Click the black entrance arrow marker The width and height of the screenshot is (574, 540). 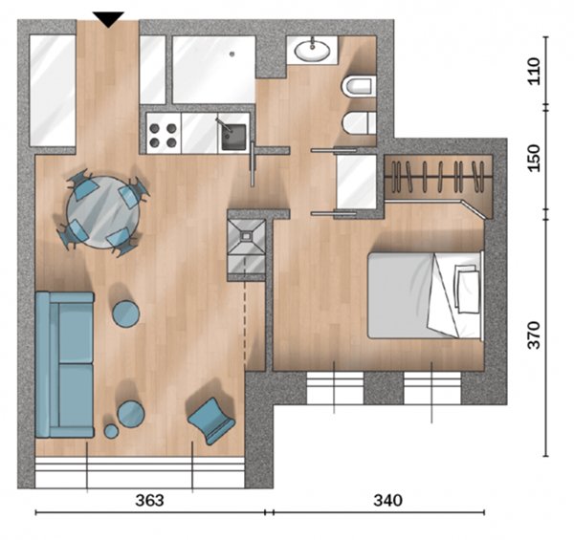108,19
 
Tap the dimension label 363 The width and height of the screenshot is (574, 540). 149,500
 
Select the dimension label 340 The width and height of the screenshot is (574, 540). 387,500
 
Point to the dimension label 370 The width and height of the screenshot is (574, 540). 534,335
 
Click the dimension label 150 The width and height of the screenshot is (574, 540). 534,158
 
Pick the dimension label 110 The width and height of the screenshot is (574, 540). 534,72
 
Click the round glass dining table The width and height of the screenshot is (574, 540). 103,212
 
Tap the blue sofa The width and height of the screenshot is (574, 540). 65,364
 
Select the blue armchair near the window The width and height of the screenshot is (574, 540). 211,421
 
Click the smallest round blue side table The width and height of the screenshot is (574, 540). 111,431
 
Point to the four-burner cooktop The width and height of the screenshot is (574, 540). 164,133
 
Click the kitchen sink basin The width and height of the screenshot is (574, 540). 233,137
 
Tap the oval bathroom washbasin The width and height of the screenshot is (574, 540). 312,51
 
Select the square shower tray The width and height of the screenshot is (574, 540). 246,236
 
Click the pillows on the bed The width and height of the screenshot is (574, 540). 467,289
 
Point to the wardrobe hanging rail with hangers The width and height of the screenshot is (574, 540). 438,178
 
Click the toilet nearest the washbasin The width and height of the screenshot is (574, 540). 359,87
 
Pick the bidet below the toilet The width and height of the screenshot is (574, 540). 359,123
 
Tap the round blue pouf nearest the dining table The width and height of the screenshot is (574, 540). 126,313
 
